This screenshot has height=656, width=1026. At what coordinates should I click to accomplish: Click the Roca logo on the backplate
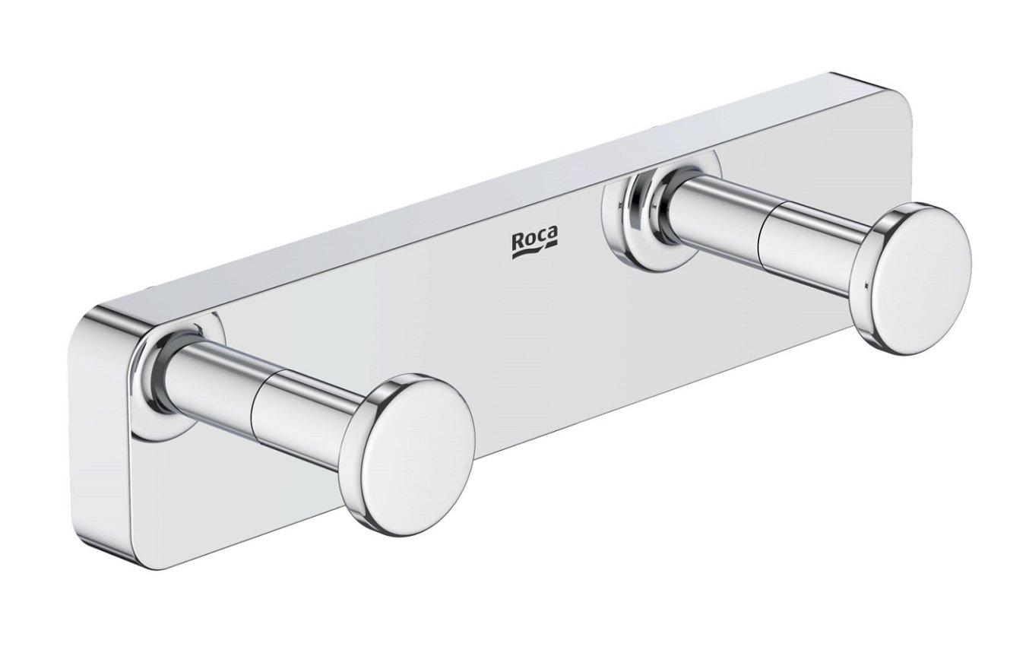(x=534, y=242)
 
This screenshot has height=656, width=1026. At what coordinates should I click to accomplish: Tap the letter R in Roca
(x=518, y=241)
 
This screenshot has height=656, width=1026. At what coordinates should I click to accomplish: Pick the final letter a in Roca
(x=553, y=234)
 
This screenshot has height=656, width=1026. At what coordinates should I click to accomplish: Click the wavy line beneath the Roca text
(x=535, y=252)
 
